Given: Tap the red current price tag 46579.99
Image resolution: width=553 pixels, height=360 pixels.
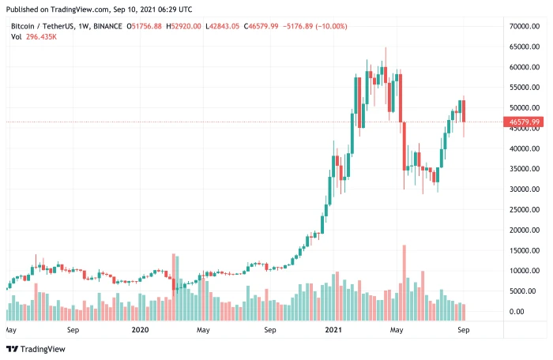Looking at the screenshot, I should [525, 122].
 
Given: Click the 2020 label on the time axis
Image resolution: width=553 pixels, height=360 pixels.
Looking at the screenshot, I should [140, 330].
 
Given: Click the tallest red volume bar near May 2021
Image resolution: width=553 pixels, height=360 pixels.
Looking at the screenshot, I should [404, 278].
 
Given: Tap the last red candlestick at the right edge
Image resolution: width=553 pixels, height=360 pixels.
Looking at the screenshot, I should [464, 111].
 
